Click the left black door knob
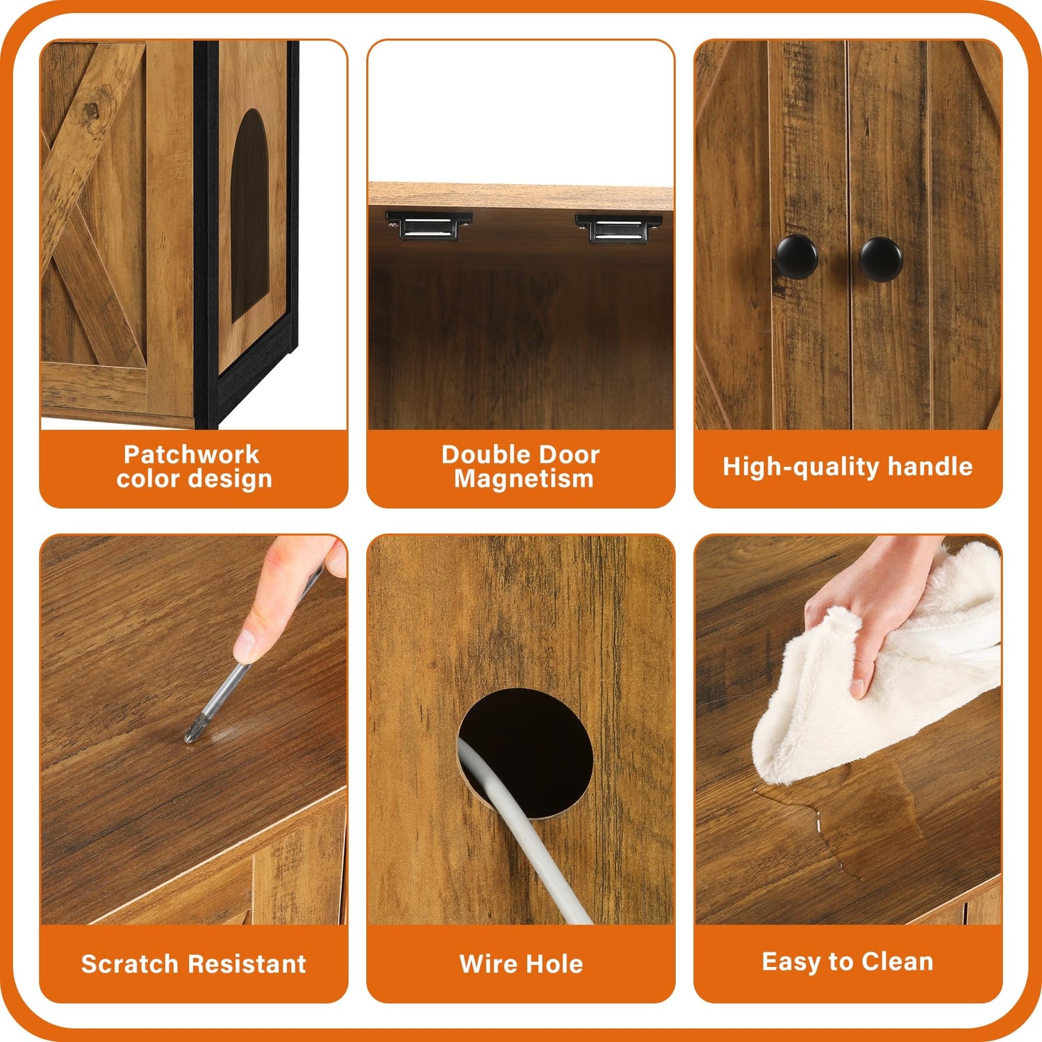[796, 256]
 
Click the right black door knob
[881, 258]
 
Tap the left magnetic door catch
[429, 225]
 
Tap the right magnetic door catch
[618, 228]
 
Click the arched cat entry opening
[250, 215]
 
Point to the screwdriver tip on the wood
[189, 737]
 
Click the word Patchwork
[191, 454]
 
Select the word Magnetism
[524, 479]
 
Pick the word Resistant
[247, 964]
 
